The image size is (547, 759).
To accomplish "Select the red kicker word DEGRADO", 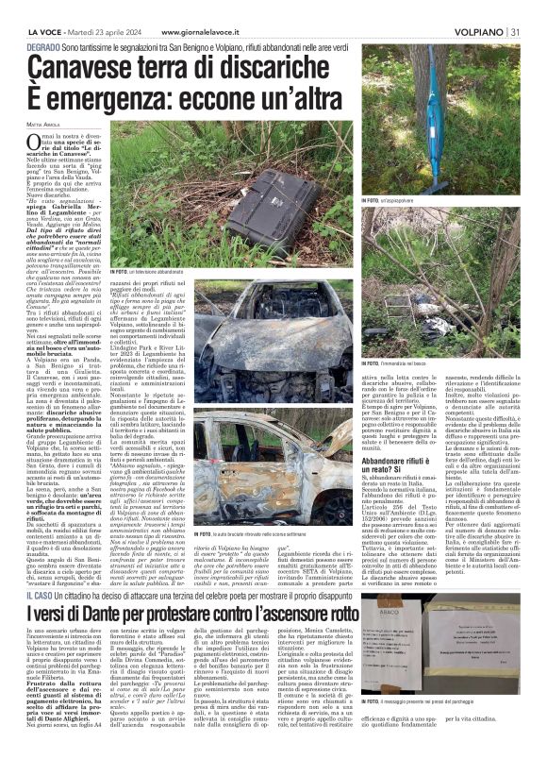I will click(46, 45).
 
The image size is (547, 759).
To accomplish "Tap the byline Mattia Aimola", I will click(43, 123).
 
